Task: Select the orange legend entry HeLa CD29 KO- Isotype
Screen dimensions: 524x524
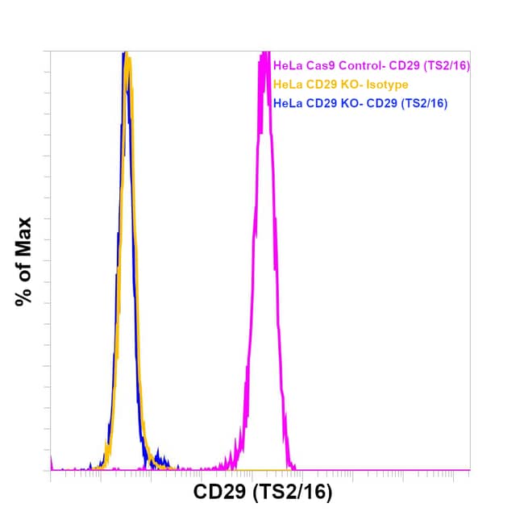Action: click(x=341, y=85)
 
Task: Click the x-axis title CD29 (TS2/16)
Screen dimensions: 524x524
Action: click(x=263, y=492)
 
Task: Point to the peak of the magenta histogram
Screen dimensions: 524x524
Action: click(x=264, y=55)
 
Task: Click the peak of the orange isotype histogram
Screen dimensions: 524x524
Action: click(x=127, y=58)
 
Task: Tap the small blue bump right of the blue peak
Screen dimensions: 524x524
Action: click(x=158, y=455)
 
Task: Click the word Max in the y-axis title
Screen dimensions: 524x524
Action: click(x=24, y=234)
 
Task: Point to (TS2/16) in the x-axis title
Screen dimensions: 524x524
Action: click(x=293, y=492)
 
